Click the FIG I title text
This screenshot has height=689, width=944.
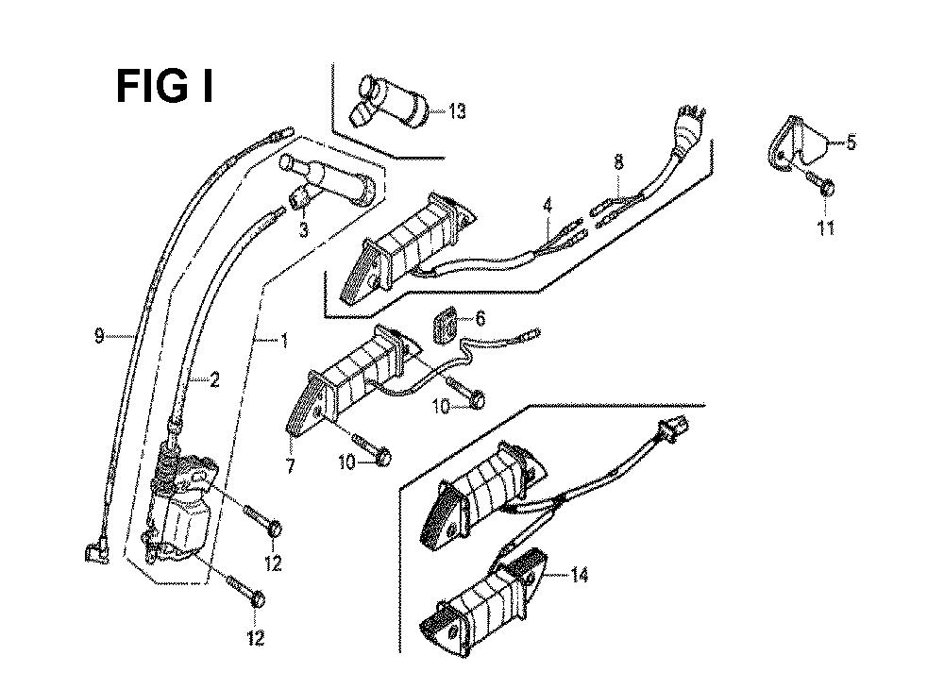[164, 88]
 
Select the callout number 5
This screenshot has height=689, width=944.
[851, 143]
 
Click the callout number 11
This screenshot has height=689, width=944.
[826, 227]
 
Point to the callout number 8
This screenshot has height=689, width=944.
[618, 163]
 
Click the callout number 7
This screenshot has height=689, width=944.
[291, 465]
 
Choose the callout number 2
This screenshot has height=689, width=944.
[215, 380]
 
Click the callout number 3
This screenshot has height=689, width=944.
[303, 230]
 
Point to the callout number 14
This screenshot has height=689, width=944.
[579, 575]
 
